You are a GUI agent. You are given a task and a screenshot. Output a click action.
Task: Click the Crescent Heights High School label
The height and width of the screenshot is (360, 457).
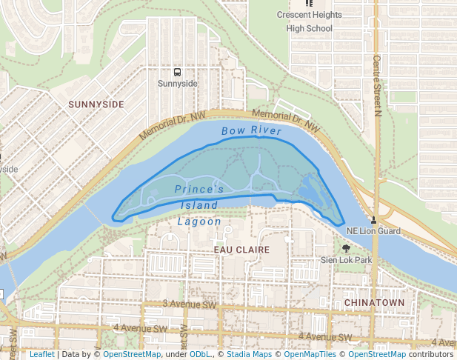click(x=309, y=21)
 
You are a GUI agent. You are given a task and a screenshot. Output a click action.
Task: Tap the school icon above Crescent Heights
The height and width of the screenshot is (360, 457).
click(x=309, y=4)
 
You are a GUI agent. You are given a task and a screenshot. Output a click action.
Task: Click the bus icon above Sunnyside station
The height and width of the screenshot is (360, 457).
click(x=177, y=72)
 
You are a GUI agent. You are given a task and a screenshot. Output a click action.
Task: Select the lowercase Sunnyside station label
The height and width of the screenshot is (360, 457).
click(x=178, y=84)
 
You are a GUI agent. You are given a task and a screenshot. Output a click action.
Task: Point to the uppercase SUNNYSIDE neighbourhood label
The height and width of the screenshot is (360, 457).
click(x=96, y=104)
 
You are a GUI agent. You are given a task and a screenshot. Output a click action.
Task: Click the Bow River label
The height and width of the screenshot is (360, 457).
click(x=251, y=131)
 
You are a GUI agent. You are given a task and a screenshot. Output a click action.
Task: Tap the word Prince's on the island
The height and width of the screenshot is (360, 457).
click(x=199, y=190)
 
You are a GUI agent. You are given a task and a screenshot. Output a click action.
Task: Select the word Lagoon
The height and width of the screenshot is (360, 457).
click(x=199, y=221)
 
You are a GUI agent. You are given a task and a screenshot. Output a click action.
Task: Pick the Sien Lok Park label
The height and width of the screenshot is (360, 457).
click(x=346, y=260)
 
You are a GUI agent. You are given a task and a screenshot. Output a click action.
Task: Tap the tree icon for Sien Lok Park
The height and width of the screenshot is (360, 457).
click(x=346, y=249)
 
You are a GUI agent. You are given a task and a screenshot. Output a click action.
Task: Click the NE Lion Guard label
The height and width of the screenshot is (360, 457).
click(x=373, y=231)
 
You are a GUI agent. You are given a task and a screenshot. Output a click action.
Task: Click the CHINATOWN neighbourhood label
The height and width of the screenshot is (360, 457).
click(x=374, y=303)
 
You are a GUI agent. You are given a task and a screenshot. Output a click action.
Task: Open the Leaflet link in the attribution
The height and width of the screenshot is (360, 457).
click(x=42, y=354)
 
